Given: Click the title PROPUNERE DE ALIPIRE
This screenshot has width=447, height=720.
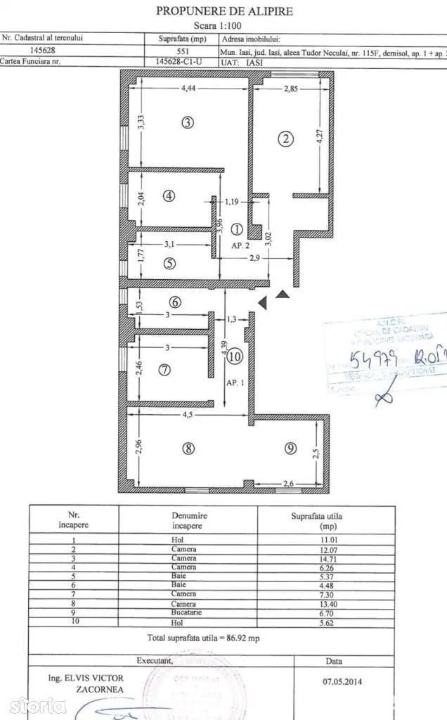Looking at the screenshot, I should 223,11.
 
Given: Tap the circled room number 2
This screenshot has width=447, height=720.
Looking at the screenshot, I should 285,139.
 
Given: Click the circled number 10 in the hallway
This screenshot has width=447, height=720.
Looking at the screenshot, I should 235,356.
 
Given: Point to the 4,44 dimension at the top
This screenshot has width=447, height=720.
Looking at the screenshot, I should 188,89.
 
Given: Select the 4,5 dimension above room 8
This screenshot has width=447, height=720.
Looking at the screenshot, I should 188,415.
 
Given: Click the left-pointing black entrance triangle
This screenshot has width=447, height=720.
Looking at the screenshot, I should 261,303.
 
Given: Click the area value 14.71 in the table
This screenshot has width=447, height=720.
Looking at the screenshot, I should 326,558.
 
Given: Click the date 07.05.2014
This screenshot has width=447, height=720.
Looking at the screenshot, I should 335,680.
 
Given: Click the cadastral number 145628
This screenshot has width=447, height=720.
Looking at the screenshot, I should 44,50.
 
